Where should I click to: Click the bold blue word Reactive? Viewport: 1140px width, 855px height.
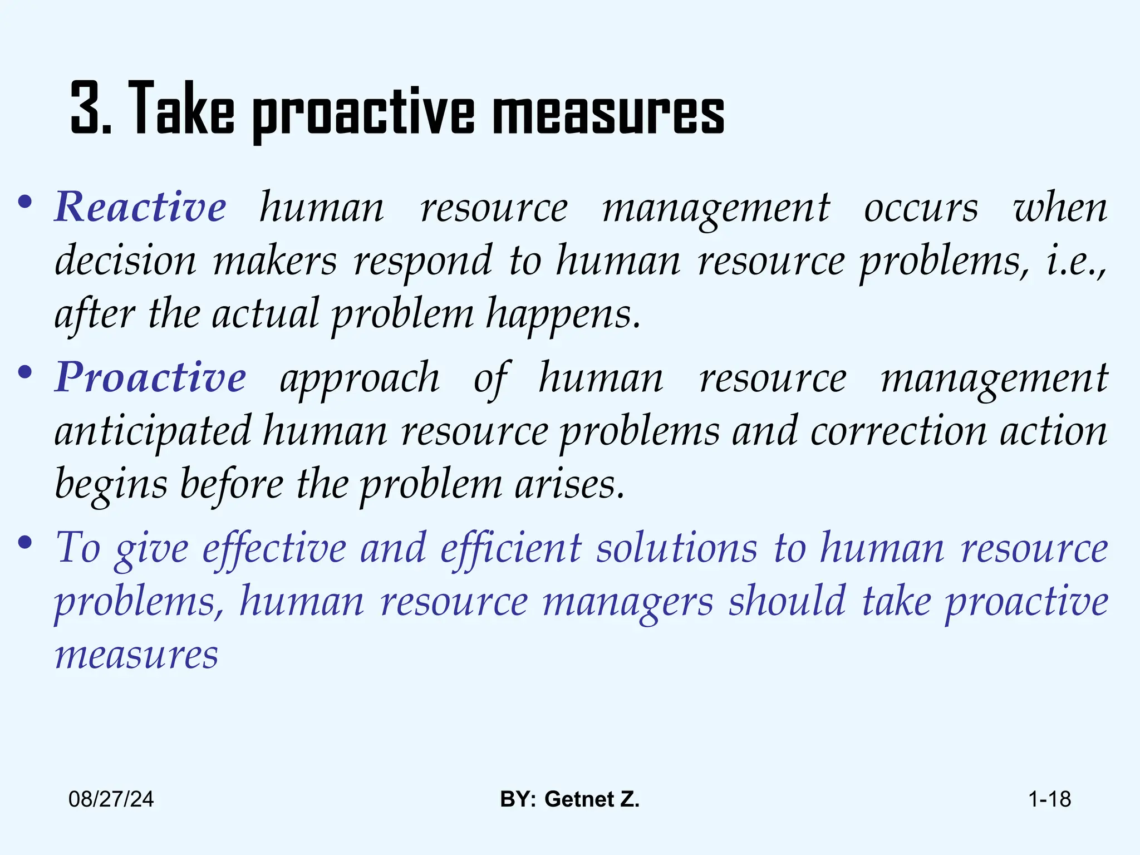[x=140, y=207]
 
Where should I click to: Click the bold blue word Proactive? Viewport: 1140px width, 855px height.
[x=150, y=377]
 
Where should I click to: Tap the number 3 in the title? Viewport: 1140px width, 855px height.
[x=87, y=109]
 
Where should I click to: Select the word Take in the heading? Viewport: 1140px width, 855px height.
[x=184, y=109]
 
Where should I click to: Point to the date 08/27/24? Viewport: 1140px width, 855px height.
[x=111, y=799]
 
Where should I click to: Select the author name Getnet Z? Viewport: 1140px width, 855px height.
[x=592, y=799]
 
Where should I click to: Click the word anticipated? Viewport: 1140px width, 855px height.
[x=153, y=432]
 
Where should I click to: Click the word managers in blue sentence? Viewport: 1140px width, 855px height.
[x=627, y=602]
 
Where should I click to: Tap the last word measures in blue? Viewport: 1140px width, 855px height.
[x=136, y=656]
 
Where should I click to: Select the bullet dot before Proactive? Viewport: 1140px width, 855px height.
[x=24, y=374]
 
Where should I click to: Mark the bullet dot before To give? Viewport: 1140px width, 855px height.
[x=24, y=543]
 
